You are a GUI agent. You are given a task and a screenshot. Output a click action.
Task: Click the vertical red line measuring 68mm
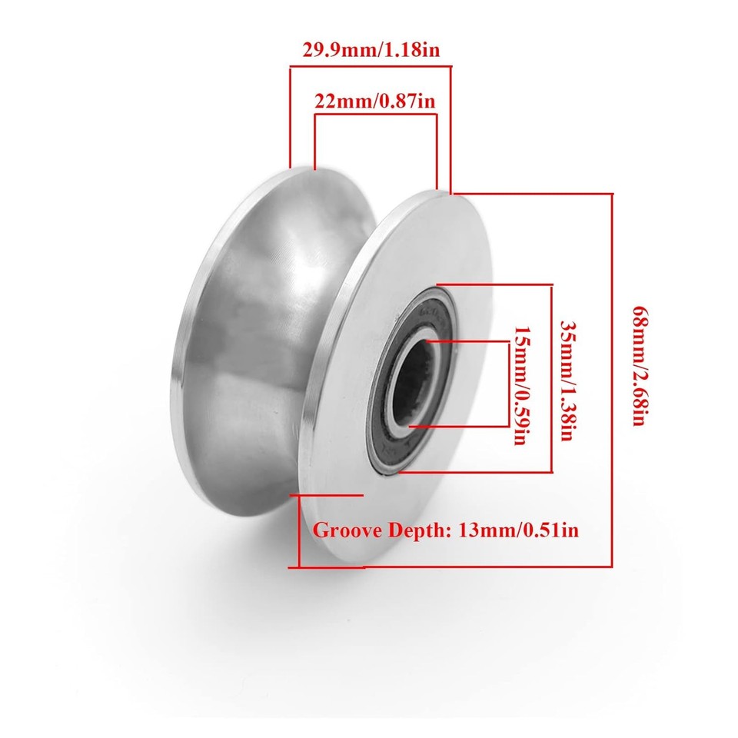612,377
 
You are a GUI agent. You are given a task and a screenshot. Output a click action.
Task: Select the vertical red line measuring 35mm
551,377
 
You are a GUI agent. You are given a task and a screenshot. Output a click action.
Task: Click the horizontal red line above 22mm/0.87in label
375,115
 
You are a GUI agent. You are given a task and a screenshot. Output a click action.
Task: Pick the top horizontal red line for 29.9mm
370,68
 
